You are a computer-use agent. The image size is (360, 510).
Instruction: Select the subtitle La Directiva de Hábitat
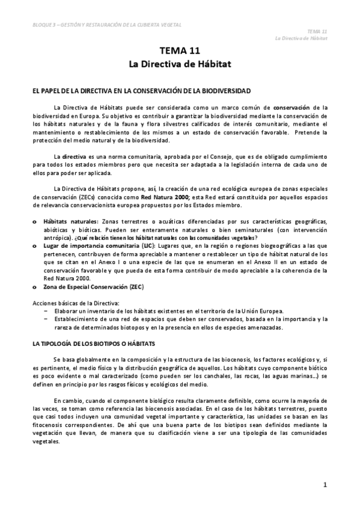pyautogui.click(x=180, y=63)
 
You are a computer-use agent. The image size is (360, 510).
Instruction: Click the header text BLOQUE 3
pyautogui.click(x=48, y=25)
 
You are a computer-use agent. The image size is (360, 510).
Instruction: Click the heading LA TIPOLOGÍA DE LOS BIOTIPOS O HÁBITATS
pyautogui.click(x=93, y=343)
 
